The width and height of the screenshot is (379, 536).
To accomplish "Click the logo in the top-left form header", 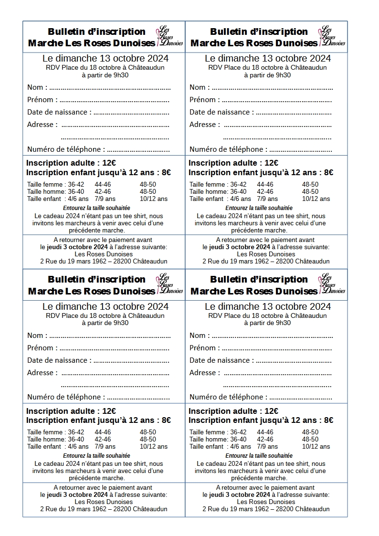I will click(170, 36).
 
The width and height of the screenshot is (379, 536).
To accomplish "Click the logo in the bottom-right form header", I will click(332, 284).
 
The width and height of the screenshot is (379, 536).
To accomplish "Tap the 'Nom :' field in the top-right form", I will click(272, 88).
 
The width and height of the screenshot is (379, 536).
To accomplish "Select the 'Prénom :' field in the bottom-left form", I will click(114, 348).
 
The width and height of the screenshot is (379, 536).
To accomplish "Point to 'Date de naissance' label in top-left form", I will click(57, 112).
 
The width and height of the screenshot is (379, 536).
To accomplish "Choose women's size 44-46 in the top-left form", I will click(103, 185).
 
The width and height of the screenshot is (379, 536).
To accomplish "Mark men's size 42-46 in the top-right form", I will click(265, 192).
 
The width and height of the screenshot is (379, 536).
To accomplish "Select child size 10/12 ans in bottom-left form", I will click(154, 447).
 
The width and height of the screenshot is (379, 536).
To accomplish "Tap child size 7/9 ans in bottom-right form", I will click(267, 447).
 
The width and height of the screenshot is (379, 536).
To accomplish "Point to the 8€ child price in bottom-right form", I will click(327, 420).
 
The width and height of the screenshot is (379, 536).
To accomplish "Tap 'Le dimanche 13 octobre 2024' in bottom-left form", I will click(105, 306).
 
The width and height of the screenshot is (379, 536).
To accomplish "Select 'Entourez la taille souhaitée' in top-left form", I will click(96, 208).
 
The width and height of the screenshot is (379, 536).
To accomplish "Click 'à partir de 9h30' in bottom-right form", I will click(267, 323).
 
